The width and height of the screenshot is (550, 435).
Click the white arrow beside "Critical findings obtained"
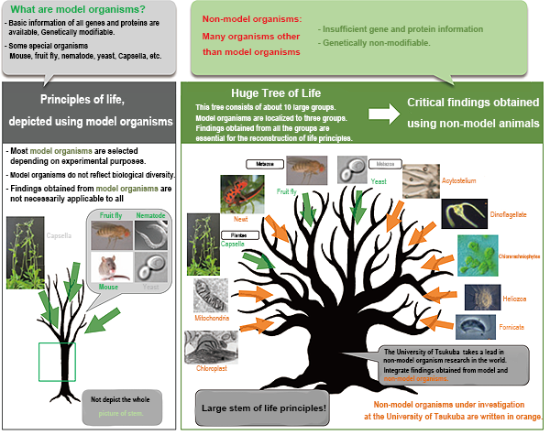point(380,114)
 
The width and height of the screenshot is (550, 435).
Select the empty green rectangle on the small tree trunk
point(57,361)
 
